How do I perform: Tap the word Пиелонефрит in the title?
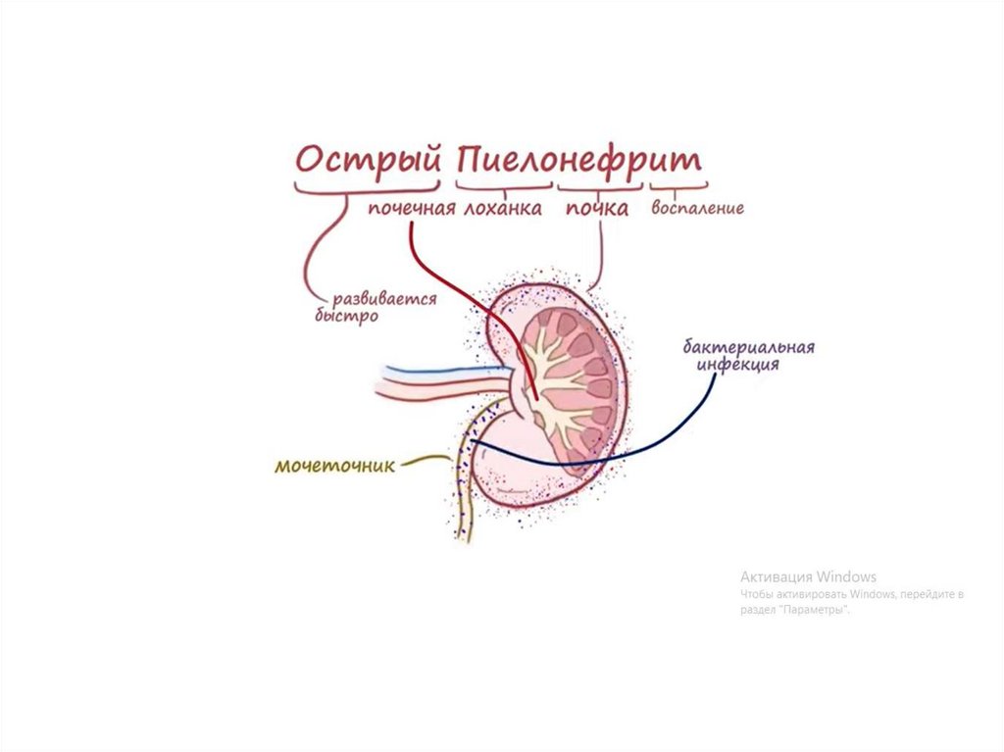(579, 160)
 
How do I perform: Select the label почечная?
(412, 208)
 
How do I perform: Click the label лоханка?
(502, 208)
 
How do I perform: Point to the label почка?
(596, 208)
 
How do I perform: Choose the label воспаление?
(697, 208)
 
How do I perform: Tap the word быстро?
(346, 317)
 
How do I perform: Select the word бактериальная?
(749, 348)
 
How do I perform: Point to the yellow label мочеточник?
(334, 466)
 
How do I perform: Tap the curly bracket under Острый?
(368, 188)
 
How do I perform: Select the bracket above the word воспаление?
(678, 186)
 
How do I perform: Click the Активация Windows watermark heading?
(808, 577)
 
